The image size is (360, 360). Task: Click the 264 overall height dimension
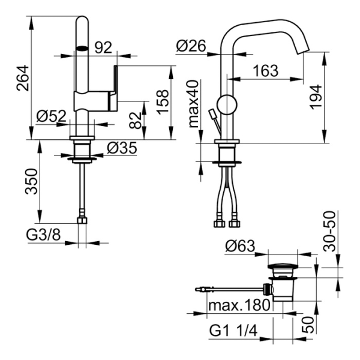click(x=23, y=78)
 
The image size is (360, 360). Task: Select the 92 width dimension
click(x=103, y=47)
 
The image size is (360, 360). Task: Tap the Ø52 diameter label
click(x=52, y=116)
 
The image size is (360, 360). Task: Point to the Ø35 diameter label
click(x=122, y=148)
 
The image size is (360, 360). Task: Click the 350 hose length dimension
click(x=31, y=181)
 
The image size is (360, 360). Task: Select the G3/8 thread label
click(x=44, y=235)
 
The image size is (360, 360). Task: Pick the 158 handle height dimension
click(x=163, y=102)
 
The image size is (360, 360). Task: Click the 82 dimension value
click(x=135, y=120)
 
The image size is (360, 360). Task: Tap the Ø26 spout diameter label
click(x=191, y=46)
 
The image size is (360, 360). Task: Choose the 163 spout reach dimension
click(x=265, y=70)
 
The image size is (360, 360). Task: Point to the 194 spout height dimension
click(x=316, y=97)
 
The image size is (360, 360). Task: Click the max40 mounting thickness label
click(x=193, y=104)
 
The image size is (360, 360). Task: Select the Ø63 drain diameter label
click(x=240, y=246)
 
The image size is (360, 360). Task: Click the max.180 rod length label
click(x=239, y=305)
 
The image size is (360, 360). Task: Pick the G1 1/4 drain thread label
click(x=233, y=331)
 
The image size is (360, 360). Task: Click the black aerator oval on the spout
click(x=82, y=49)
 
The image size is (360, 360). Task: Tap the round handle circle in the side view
click(x=227, y=104)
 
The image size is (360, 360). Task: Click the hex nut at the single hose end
click(x=82, y=221)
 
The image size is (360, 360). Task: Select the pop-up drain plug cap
click(x=283, y=266)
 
